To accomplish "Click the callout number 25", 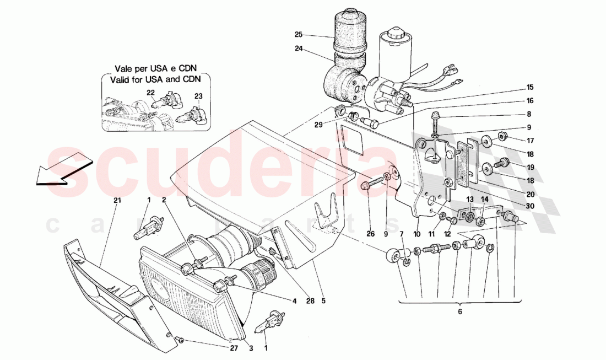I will [298, 35].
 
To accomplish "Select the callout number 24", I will [298, 48].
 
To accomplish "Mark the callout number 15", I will [529, 87].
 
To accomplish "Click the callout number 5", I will [323, 302].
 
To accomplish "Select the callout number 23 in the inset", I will [198, 96].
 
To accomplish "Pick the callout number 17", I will [529, 139].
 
